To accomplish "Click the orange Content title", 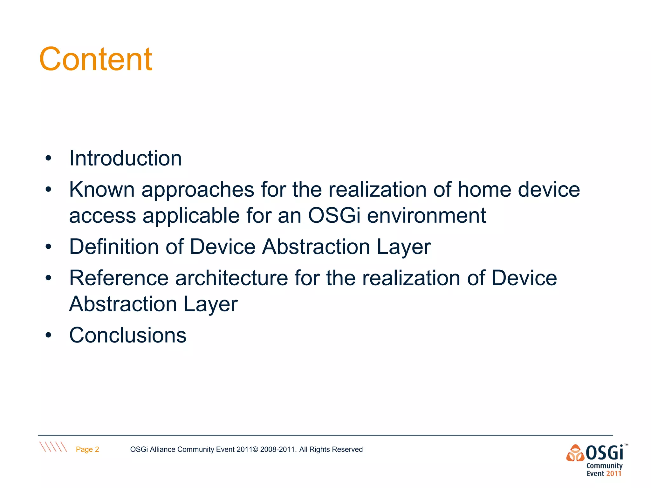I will tap(95, 59).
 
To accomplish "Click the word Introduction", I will tap(126, 158).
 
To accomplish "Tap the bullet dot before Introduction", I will tap(48, 158).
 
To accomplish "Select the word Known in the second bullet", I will tap(102, 190).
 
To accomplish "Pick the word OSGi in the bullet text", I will tap(334, 216).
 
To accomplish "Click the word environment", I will tap(426, 216).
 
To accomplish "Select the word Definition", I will tap(114, 247).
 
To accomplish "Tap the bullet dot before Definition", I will tap(48, 247).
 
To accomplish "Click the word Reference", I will tap(119, 278).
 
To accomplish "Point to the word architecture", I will tap(231, 278).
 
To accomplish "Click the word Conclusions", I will tap(128, 335).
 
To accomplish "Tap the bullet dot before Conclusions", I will tap(48, 335).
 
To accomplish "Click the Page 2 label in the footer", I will tap(87, 449).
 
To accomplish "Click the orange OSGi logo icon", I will tap(575, 453).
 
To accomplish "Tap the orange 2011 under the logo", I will tap(613, 474).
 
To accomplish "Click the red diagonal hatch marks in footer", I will tap(53, 447).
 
